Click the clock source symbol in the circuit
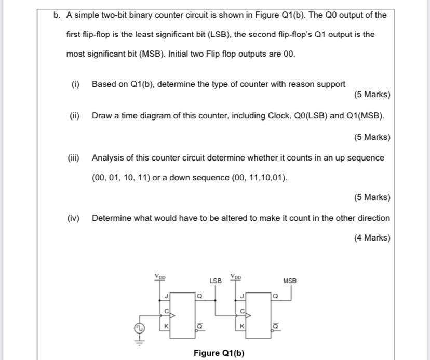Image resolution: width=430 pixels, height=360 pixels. (x=139, y=328)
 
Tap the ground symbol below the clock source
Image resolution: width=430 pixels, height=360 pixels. (x=139, y=341)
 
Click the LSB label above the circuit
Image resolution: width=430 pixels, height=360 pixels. (x=216, y=281)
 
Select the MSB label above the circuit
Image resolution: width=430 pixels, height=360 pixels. (x=290, y=281)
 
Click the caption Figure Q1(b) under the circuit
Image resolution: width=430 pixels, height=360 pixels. (x=219, y=353)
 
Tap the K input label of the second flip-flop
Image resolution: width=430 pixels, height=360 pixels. (x=241, y=326)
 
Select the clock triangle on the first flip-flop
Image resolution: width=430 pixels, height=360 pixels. (x=172, y=314)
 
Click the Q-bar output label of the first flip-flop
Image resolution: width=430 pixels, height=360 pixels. (x=200, y=326)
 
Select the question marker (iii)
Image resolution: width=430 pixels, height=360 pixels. (x=73, y=158)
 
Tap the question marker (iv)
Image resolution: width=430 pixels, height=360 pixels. (x=73, y=218)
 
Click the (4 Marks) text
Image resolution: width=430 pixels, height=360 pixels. (x=372, y=238)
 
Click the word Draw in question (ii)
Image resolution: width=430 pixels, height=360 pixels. (x=102, y=116)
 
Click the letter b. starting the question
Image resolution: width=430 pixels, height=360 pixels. (x=57, y=15)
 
